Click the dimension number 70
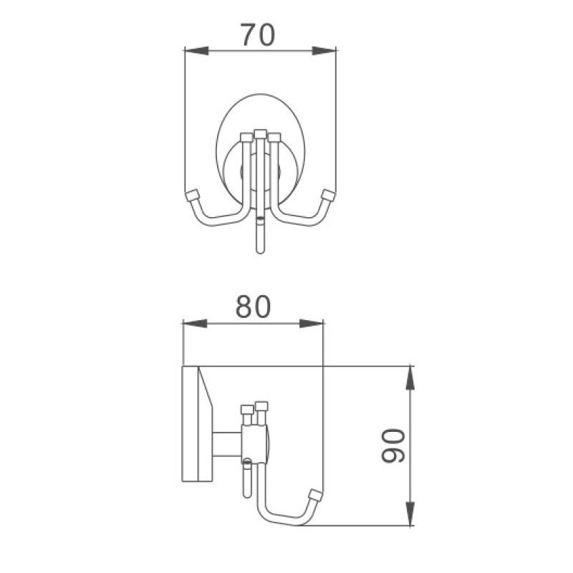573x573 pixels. [256, 35]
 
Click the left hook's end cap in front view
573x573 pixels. [191, 195]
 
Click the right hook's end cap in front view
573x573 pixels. [329, 195]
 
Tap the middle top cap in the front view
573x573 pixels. [259, 133]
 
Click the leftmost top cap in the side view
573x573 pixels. [248, 409]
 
